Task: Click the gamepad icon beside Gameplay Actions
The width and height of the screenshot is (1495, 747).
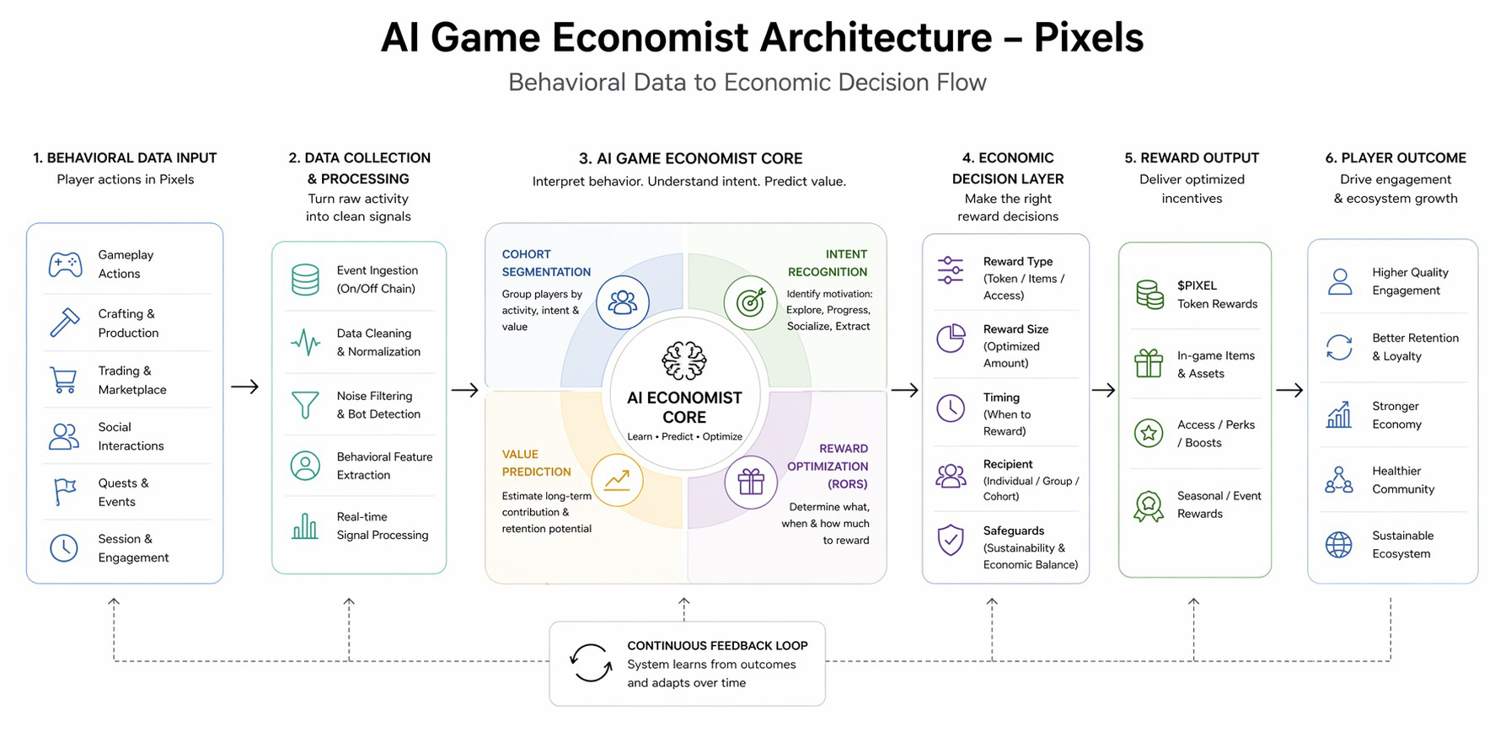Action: point(65,264)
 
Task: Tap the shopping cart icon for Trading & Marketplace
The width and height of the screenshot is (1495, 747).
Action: point(64,380)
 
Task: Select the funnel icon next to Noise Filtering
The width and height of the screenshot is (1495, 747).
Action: point(305,405)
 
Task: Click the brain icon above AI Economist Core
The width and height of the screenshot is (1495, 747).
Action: point(683,361)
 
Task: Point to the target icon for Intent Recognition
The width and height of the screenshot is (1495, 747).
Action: point(750,302)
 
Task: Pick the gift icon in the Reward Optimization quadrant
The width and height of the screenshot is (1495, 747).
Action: point(750,482)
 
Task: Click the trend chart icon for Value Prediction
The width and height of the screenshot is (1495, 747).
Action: point(617,480)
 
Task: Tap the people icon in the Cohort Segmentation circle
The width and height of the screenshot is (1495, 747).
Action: point(622,302)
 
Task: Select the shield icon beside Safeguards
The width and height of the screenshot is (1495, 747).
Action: point(951,539)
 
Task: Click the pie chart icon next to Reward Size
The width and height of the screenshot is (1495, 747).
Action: point(951,338)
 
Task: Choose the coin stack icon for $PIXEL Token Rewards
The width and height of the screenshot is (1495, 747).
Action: point(1149,295)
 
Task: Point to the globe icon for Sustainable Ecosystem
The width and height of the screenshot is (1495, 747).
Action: point(1338,545)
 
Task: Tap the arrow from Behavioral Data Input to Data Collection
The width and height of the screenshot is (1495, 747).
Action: point(245,387)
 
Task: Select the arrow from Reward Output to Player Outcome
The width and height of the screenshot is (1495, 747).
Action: point(1289,390)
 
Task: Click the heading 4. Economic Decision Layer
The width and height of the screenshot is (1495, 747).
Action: point(1008,168)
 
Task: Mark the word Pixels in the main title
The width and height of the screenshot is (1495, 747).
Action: point(1088,38)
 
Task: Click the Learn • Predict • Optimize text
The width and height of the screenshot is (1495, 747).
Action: point(684,436)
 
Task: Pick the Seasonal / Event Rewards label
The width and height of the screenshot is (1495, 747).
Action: point(1219,504)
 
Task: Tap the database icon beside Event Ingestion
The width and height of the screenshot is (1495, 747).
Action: point(305,280)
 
